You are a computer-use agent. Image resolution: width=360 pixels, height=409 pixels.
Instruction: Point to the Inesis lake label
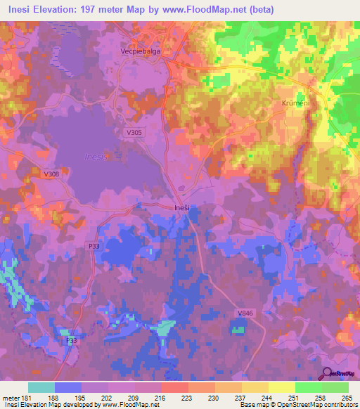click(96, 156)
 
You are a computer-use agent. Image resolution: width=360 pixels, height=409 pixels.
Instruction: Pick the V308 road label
click(51, 174)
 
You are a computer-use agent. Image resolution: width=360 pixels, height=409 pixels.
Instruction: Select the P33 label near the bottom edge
click(71, 340)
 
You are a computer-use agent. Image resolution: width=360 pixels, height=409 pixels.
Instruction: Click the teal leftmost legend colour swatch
click(41, 387)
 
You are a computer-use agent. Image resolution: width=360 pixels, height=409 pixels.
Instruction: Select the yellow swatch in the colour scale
click(281, 387)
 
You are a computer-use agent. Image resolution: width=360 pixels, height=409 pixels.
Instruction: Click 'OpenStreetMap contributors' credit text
click(316, 405)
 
